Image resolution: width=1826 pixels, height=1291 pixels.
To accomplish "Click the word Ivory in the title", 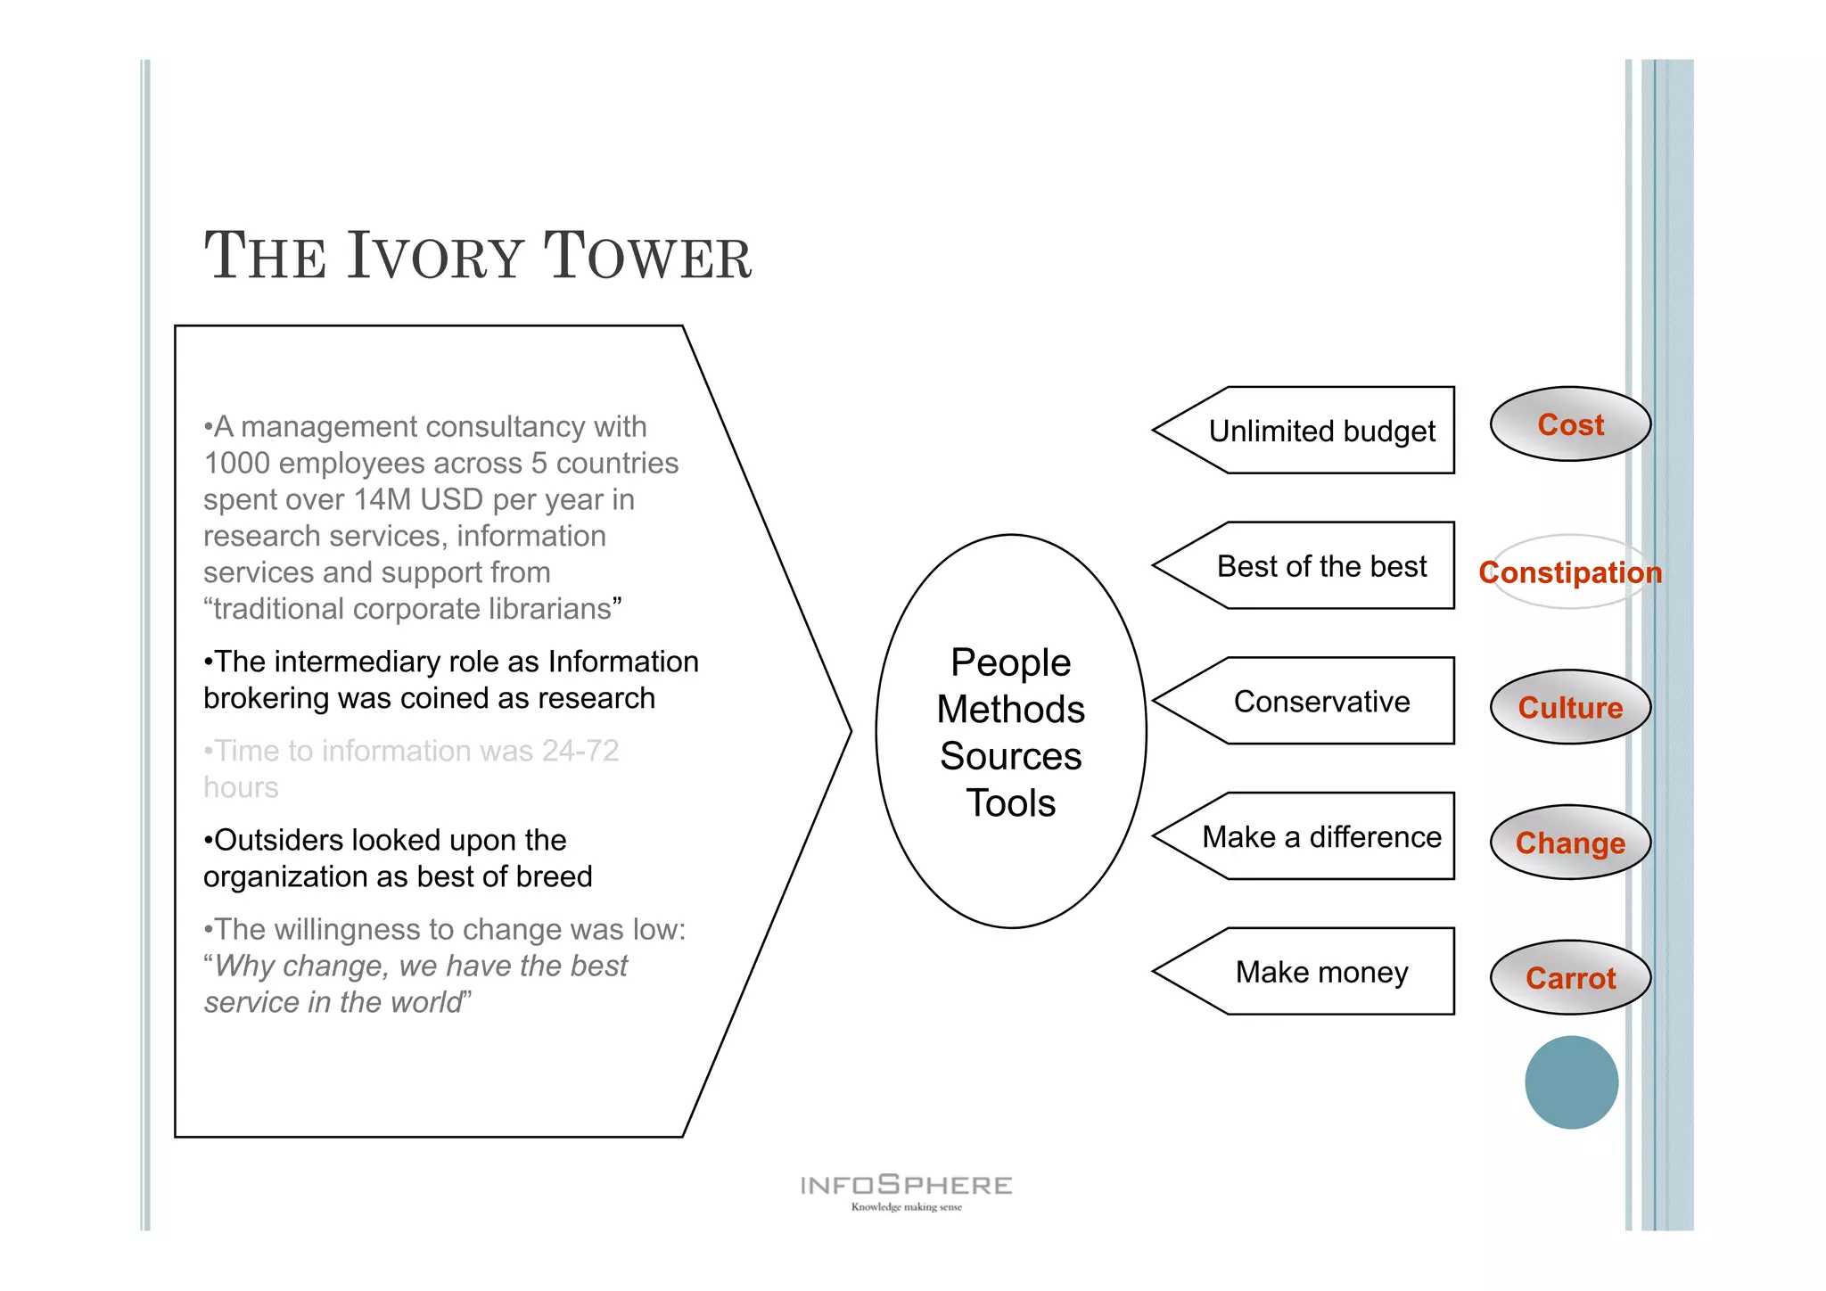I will pos(435,257).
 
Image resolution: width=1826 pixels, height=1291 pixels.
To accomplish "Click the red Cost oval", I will pos(1570,424).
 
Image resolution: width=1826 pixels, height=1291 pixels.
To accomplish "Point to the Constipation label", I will pos(1570,572).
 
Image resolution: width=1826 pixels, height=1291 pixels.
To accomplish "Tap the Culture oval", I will pos(1570,707).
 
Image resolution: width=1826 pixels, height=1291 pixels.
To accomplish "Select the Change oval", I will pos(1570,843).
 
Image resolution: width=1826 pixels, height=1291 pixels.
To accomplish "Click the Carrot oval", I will pos(1570,978).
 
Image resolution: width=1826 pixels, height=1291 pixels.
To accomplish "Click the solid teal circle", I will pos(1571,1081).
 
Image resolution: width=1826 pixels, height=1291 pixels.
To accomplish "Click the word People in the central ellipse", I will pos(1010,662).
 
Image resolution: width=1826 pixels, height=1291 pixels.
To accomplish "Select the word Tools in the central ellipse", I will pos(1010,803).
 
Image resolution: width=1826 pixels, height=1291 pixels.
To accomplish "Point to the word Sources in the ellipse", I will pos(1010,756).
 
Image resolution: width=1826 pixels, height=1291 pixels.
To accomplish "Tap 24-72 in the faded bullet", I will pos(580,751).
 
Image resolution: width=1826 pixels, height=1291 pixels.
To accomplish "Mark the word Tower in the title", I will pos(647,257).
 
